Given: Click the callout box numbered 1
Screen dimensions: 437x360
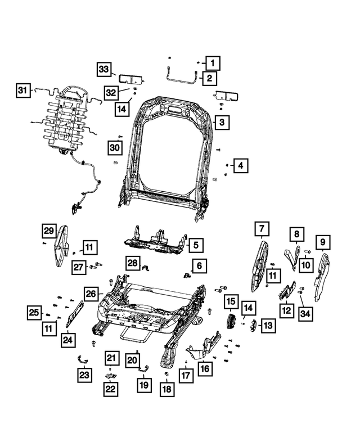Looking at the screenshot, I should pos(213,62).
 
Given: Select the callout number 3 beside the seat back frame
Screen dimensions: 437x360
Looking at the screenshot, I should pos(221,122).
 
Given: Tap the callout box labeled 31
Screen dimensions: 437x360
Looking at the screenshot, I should pos(22,90).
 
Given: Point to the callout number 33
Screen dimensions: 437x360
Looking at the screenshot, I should pos(103,69).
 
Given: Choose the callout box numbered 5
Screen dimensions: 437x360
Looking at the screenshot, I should pos(194,245).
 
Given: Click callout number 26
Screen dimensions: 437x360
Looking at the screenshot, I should pos(91,292).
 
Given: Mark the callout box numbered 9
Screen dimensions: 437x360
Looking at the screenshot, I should pos(322,242).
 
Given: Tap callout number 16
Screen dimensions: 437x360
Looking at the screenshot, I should pos(204,368).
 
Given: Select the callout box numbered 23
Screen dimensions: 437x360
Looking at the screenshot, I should pos(84,375).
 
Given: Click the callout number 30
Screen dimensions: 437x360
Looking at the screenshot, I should pos(115,148).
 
